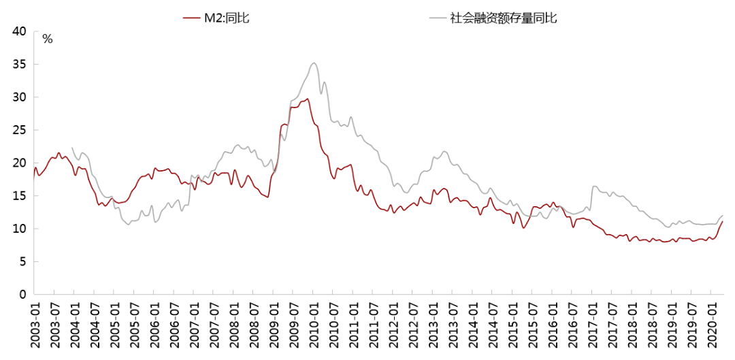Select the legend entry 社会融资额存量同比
pos(504,18)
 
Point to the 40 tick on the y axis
pos(19,31)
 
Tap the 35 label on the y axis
pos(19,65)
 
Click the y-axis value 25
pos(19,130)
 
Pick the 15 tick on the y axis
pos(19,196)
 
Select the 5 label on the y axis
pos(22,261)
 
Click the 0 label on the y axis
pos(22,294)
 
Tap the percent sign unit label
pos(47,39)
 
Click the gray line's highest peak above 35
pos(313,63)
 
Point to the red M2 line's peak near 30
pos(308,99)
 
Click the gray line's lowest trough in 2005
pos(128,225)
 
